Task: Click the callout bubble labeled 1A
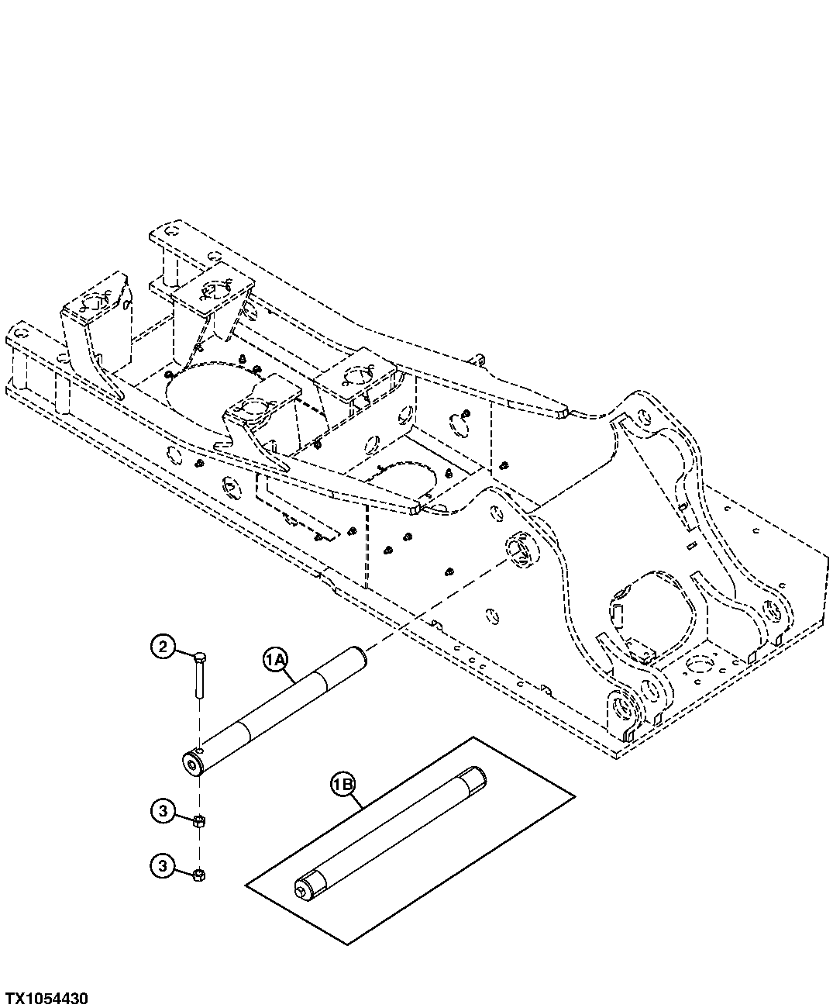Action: [x=276, y=660]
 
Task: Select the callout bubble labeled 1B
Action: [x=343, y=785]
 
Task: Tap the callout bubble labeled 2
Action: [x=161, y=647]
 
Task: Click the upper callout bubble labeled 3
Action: [x=161, y=812]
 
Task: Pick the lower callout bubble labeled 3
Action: [x=161, y=866]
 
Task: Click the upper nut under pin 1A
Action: [x=199, y=821]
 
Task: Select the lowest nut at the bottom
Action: [x=199, y=875]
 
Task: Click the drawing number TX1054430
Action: [x=46, y=997]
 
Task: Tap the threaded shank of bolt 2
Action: [x=199, y=680]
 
